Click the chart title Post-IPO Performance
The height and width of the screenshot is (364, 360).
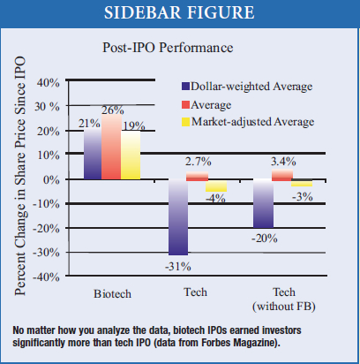pyautogui.click(x=168, y=48)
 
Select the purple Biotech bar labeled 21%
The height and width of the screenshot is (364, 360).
pyautogui.click(x=93, y=154)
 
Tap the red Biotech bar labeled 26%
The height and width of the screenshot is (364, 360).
pyautogui.click(x=111, y=147)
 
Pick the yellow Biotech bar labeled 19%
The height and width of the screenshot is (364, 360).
pyautogui.click(x=131, y=155)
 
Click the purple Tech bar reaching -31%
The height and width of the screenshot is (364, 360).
pyautogui.click(x=178, y=217)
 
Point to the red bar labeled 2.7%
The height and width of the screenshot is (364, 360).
pyautogui.click(x=197, y=176)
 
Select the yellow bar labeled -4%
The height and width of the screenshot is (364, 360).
pyautogui.click(x=216, y=186)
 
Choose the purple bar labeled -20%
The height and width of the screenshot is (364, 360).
pyautogui.click(x=263, y=203)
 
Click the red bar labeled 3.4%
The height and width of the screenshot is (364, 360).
pyautogui.click(x=282, y=175)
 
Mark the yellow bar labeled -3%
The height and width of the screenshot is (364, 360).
pyautogui.click(x=302, y=183)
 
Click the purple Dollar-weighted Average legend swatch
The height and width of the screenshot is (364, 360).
pyautogui.click(x=185, y=87)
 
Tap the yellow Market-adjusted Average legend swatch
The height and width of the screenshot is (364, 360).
pyautogui.click(x=185, y=122)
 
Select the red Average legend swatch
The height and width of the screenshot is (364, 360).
pyautogui.click(x=185, y=104)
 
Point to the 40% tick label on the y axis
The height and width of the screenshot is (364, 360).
pyautogui.click(x=49, y=83)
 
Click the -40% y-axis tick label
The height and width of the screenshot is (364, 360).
pyautogui.click(x=46, y=277)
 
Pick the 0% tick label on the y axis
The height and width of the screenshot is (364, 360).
pyautogui.click(x=51, y=179)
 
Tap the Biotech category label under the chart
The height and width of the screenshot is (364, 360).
pyautogui.click(x=112, y=294)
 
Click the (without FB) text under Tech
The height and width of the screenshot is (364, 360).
pyautogui.click(x=284, y=307)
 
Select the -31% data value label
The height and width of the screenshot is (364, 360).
pyautogui.click(x=178, y=267)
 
